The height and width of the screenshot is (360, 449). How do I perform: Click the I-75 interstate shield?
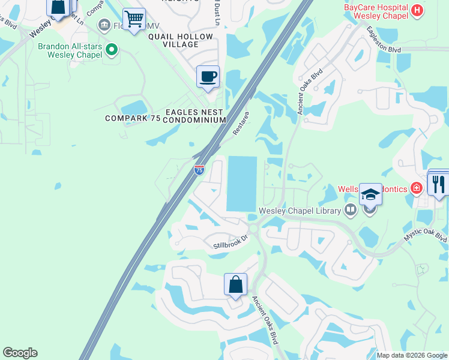(x=199, y=170)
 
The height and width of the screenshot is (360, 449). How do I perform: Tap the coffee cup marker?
(x=208, y=77)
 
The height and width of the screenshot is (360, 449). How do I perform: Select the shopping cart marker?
(x=134, y=18)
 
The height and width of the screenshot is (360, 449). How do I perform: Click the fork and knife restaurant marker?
(x=439, y=184)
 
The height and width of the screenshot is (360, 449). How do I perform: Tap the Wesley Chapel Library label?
(x=300, y=211)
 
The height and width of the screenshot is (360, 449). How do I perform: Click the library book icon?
(x=351, y=210)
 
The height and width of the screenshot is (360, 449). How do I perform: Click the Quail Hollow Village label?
(x=181, y=41)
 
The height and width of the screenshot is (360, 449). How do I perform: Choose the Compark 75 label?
(x=133, y=118)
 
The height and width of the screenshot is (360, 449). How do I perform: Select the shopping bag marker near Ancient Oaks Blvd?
(x=235, y=284)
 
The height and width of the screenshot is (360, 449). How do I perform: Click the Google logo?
(x=20, y=353)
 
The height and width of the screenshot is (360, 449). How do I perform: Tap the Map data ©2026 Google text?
(x=412, y=355)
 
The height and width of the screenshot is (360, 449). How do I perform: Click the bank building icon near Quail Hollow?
(x=104, y=25)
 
